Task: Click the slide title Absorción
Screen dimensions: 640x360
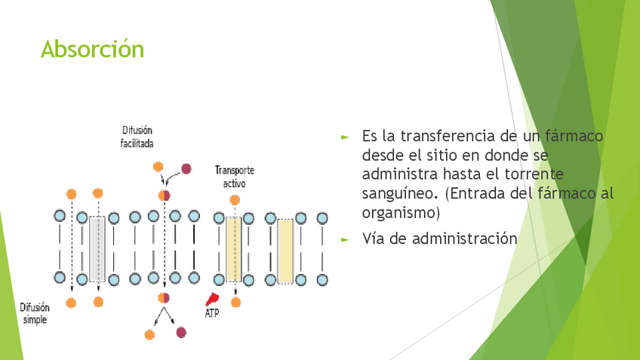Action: pos(92,49)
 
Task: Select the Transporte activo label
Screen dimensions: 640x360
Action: pos(235,177)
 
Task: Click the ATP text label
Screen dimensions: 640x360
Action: pos(212,312)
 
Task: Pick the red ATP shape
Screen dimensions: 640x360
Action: pos(214,299)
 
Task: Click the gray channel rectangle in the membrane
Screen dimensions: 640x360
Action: pos(97,250)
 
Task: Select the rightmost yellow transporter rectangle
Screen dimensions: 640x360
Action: pos(285,251)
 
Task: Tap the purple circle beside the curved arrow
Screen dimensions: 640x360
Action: pos(186,168)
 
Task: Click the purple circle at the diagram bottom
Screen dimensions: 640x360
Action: pos(181,331)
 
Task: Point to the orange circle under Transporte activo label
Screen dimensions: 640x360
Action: pos(235,200)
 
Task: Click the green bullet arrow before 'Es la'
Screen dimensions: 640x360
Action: pos(345,137)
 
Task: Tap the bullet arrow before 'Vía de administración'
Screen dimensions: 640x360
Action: pos(345,239)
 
